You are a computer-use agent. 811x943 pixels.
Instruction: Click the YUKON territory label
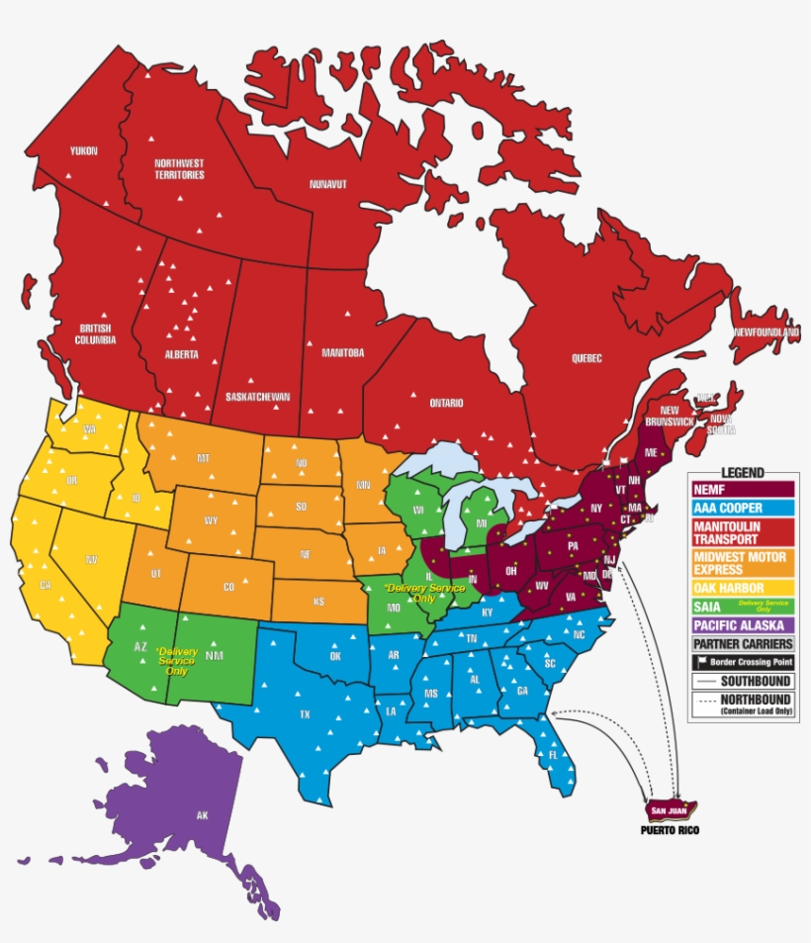click(83, 150)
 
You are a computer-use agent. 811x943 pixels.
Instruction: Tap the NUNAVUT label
click(327, 185)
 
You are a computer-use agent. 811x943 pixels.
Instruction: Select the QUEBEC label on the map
click(586, 358)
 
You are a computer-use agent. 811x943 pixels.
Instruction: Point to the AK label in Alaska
click(202, 815)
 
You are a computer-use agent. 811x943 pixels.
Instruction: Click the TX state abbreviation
click(306, 713)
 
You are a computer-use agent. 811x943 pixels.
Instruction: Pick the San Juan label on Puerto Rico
click(664, 810)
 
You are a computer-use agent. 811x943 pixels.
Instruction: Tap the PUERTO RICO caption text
click(669, 829)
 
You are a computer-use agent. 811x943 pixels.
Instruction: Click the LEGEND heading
click(743, 473)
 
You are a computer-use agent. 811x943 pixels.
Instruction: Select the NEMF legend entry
click(743, 489)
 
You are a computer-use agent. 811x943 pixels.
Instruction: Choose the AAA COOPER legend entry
click(743, 508)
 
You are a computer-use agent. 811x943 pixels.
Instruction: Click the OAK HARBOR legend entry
click(743, 588)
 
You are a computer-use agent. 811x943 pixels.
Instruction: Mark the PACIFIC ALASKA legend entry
click(743, 624)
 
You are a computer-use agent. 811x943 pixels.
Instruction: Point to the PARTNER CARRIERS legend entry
click(743, 643)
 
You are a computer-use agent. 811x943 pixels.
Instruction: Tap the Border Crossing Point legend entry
click(743, 662)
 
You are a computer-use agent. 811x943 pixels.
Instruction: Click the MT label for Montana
click(204, 458)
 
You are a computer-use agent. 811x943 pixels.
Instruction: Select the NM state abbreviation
click(215, 655)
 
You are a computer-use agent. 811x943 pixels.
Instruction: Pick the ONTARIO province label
click(446, 403)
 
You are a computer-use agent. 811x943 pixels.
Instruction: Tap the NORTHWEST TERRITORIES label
click(179, 169)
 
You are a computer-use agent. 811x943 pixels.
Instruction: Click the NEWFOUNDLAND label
click(765, 332)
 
